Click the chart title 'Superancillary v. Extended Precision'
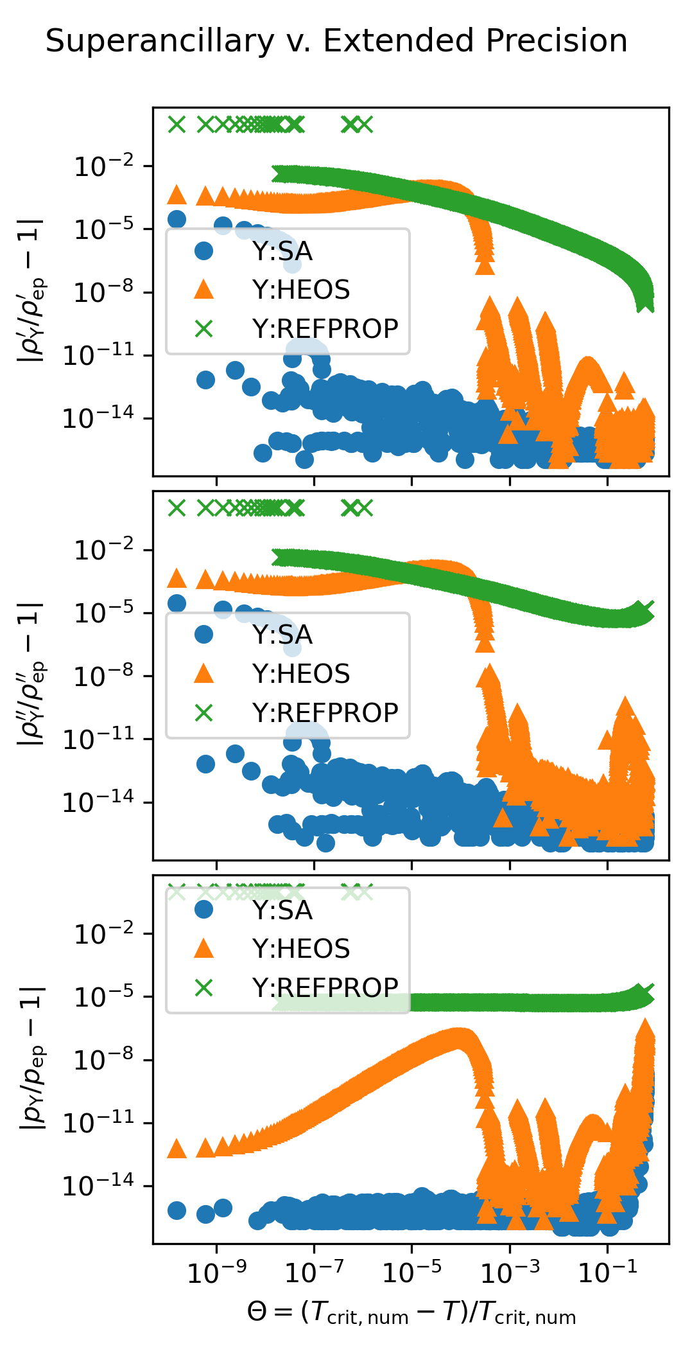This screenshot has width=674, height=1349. tap(336, 41)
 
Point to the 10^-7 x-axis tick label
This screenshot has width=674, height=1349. tap(314, 1272)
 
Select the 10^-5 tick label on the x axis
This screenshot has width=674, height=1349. tap(411, 1272)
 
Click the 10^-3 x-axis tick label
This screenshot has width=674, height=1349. tap(510, 1272)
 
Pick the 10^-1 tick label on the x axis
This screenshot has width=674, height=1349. tap(607, 1272)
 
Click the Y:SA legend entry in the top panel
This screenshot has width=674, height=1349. tap(282, 251)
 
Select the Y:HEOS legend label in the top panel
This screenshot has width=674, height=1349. tap(300, 290)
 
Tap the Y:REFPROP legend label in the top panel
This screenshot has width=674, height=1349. tap(325, 328)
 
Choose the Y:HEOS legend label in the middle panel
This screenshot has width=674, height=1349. tap(300, 674)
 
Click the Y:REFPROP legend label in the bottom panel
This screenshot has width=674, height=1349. tap(325, 987)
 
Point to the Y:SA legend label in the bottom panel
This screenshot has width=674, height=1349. tap(282, 910)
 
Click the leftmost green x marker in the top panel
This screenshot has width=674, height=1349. tap(177, 124)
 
